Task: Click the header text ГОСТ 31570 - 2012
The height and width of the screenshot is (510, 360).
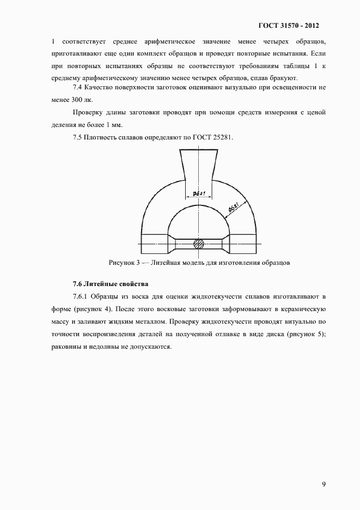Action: click(288, 26)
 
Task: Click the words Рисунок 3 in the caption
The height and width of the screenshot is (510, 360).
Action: click(126, 263)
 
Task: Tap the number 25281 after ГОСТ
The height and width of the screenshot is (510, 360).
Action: click(222, 137)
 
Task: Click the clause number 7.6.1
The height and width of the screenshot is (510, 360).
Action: click(81, 297)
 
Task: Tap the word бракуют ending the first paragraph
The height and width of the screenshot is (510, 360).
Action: click(281, 77)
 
